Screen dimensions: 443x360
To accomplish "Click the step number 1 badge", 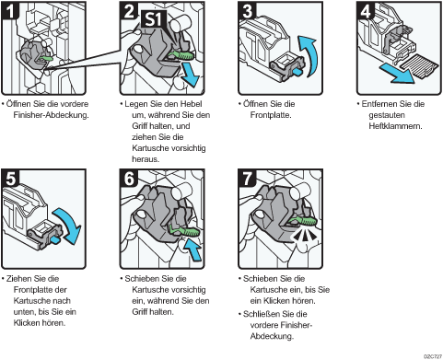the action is click(10, 11).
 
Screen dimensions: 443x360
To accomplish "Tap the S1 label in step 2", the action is click(153, 19).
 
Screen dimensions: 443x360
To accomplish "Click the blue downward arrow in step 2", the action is click(191, 75).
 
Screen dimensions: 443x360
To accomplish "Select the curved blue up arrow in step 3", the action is click(308, 55).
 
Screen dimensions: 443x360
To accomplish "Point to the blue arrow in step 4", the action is click(397, 73).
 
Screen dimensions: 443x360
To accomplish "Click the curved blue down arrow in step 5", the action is click(68, 225).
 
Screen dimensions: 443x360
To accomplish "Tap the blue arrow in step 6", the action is click(192, 250).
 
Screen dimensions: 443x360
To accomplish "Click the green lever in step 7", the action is click(302, 221).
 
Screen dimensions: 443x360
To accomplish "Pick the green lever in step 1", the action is click(46, 58).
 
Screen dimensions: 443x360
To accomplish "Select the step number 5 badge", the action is click(10, 179).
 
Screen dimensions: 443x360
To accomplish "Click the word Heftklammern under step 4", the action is click(395, 126).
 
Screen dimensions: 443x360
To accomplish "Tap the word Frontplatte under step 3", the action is click(271, 115).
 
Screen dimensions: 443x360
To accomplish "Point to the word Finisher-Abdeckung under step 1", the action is click(51, 115).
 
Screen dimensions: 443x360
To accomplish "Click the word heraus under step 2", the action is click(146, 159).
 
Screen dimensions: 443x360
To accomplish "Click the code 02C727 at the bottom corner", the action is click(433, 356).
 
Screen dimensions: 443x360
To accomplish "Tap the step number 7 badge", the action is click(247, 179).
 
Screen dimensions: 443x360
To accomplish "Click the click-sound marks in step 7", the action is click(304, 236).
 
